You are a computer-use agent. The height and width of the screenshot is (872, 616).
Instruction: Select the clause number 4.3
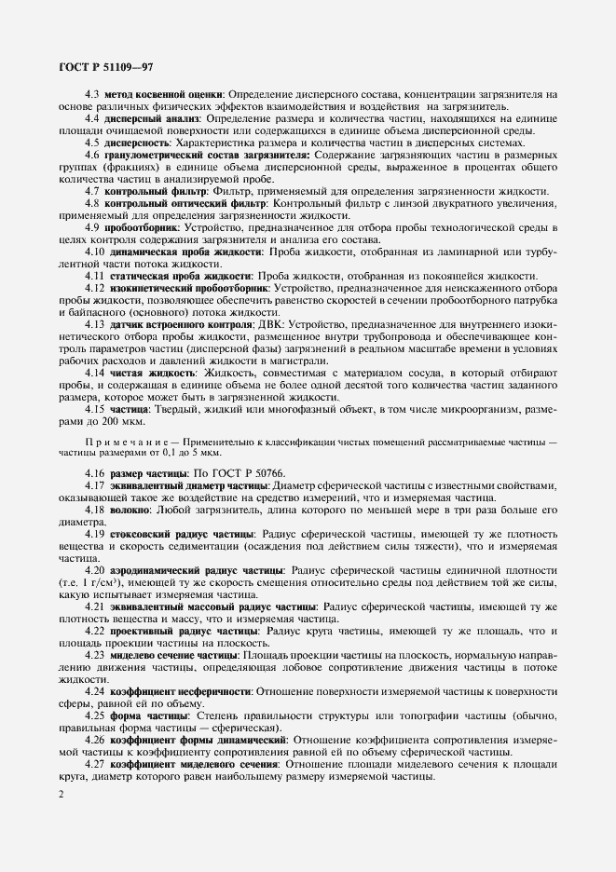[93, 94]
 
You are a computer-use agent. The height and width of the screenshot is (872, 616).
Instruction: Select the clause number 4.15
[95, 409]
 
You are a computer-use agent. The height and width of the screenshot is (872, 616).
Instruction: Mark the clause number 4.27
[95, 764]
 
